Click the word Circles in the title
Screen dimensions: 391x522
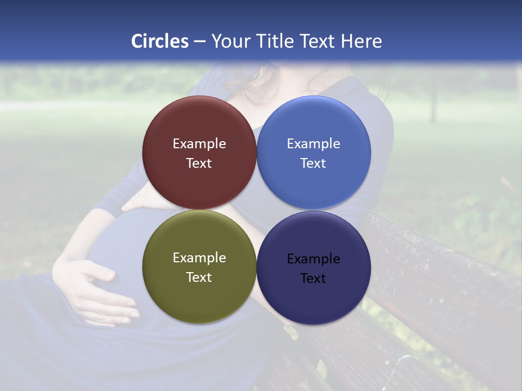pos(159,41)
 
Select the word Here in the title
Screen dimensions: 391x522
pos(361,41)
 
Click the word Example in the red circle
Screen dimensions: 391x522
pos(199,144)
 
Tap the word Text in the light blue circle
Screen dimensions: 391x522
pos(313,163)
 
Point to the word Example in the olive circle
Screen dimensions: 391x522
pos(199,258)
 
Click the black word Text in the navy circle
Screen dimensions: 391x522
pos(313,279)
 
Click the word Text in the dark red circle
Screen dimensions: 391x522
pos(199,163)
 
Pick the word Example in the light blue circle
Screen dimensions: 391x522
pos(313,144)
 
